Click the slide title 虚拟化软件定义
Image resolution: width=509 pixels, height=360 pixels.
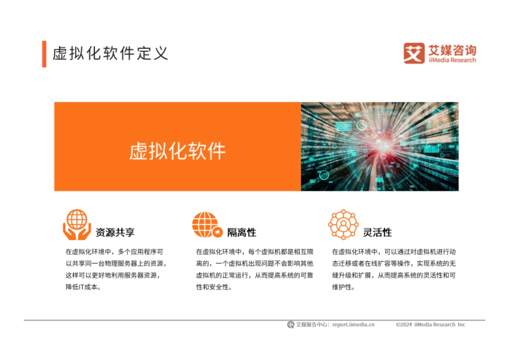[110, 54]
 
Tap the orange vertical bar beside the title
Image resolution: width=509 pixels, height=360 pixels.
[44, 54]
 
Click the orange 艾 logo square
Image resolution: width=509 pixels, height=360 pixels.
[414, 53]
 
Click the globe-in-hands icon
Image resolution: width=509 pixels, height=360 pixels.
[77, 225]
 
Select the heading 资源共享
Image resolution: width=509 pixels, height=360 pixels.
[115, 232]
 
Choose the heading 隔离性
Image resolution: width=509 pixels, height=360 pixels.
[241, 232]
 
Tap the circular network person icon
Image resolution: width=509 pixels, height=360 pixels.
[343, 224]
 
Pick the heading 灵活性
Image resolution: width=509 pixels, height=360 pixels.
[377, 232]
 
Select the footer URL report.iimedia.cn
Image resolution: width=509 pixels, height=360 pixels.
[353, 324]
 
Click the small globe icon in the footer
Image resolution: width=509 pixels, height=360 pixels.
[291, 324]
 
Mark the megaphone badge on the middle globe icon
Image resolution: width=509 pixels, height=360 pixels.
[218, 232]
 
